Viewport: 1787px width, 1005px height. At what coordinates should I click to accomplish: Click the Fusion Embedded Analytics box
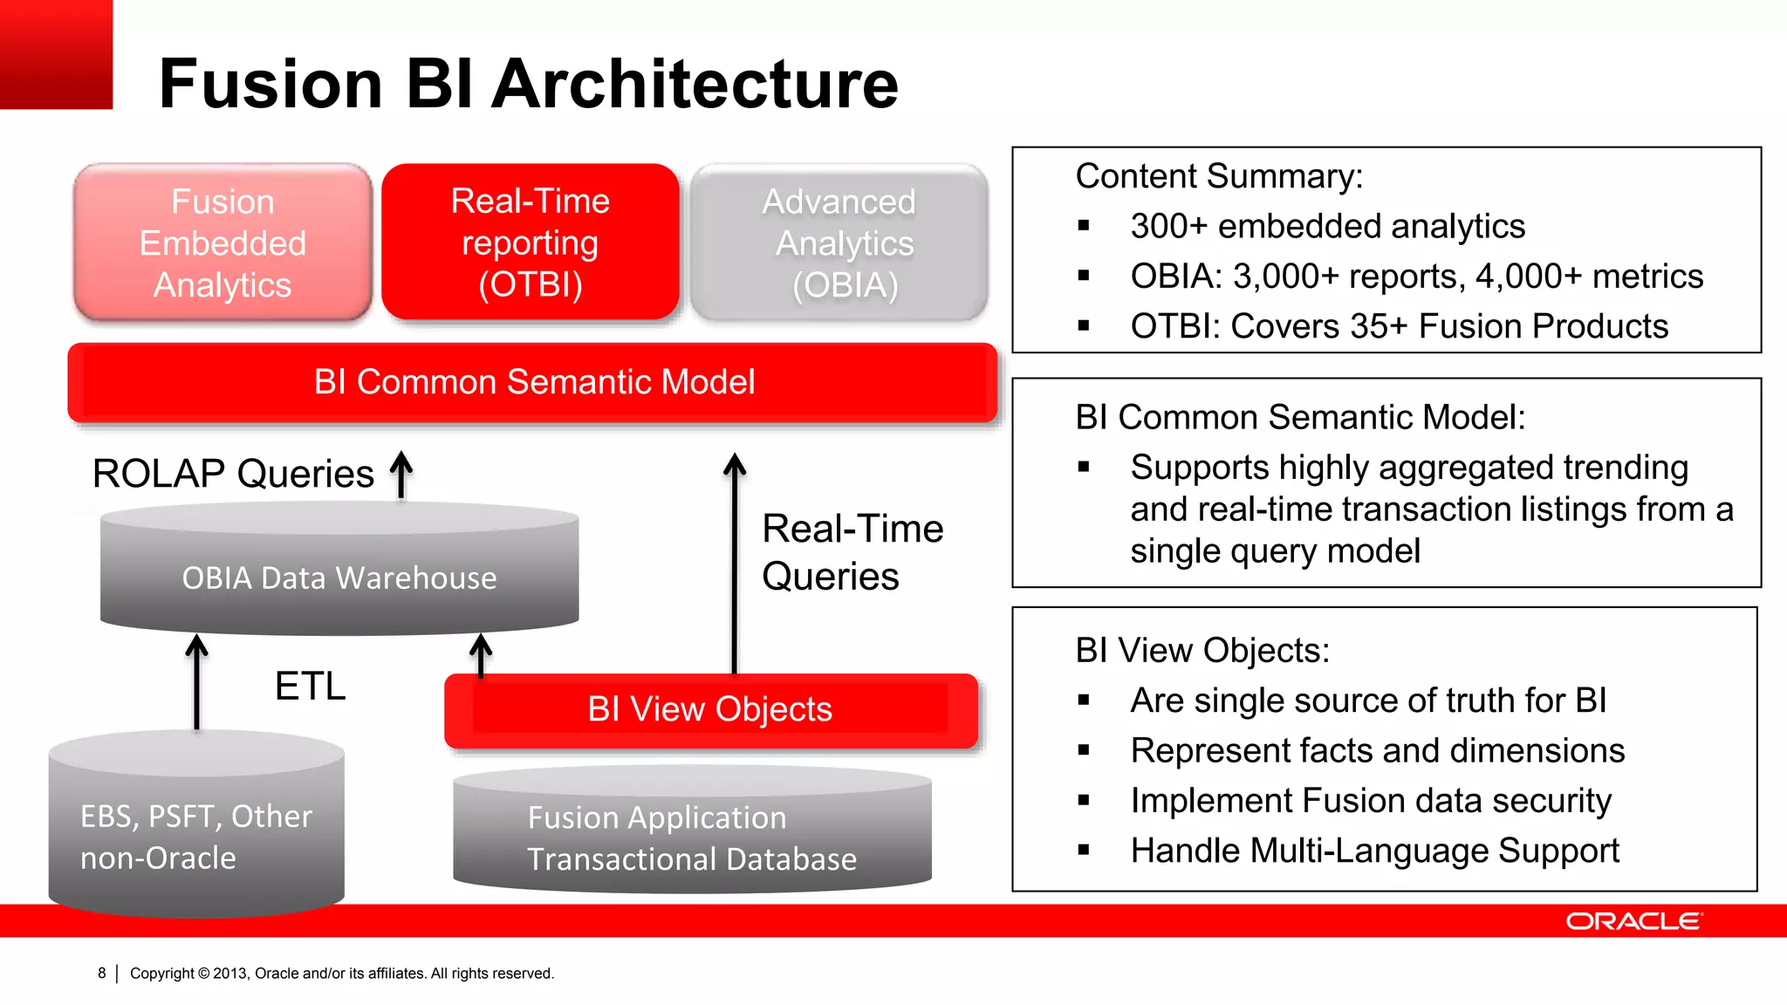coord(223,243)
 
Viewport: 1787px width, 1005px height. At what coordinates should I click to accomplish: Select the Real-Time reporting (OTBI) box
coord(530,243)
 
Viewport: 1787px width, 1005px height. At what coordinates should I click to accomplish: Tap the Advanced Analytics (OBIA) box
coord(839,243)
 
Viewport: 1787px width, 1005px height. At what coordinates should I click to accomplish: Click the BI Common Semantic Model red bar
coord(533,382)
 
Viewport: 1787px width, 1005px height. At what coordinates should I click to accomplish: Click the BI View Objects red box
coord(709,709)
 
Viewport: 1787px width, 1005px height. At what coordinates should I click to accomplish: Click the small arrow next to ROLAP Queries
coord(401,475)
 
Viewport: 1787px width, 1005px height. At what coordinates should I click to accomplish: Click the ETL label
coord(310,686)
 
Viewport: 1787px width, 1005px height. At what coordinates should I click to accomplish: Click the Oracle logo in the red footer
coord(1633,921)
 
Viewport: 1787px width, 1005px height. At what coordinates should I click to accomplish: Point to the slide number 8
coord(102,973)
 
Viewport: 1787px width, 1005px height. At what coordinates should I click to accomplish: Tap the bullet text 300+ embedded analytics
coord(1327,226)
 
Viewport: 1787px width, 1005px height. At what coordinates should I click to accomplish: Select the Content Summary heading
coord(1219,176)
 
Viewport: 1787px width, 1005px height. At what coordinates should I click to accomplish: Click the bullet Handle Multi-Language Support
coord(1374,851)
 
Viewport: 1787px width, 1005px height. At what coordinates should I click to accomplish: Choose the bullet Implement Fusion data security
coord(1370,801)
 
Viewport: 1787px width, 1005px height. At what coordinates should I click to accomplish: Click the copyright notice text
coord(341,973)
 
